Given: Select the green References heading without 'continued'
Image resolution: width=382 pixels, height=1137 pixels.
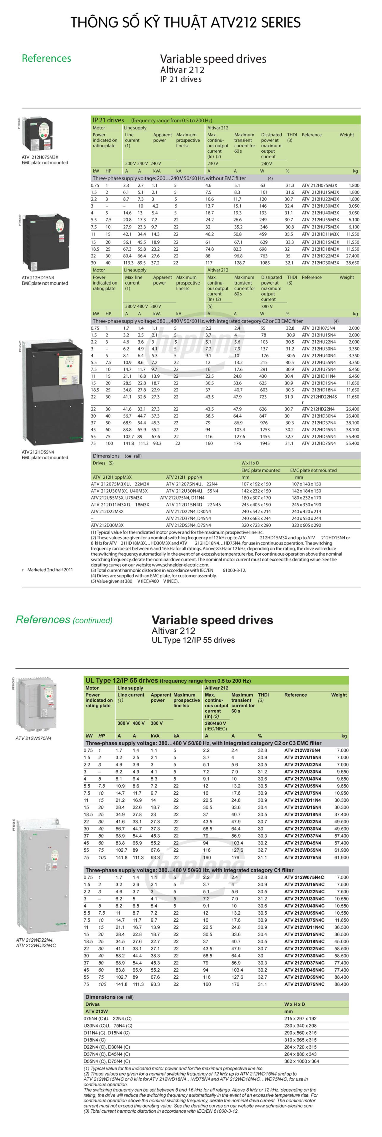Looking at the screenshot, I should pos(46,58).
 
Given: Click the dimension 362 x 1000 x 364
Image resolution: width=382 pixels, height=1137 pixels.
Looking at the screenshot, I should pos(300,1061).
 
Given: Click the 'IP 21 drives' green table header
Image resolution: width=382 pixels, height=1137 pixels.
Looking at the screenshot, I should pos(108,120).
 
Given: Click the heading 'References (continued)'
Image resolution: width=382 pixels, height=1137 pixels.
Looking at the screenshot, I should pos(64,620).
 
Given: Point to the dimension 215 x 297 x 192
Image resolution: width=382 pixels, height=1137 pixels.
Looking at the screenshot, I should pos(300,1018).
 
